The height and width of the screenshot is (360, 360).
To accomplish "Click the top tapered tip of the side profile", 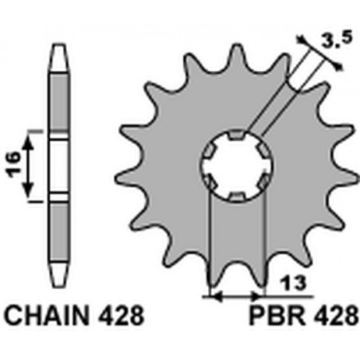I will [59, 53].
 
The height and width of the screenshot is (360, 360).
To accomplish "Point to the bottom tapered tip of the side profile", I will [59, 274].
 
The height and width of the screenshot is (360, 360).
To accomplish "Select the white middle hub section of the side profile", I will [59, 165].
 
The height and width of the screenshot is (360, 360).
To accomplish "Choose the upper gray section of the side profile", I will [59, 100].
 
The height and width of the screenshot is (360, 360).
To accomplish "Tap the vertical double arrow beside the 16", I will [30, 165].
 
